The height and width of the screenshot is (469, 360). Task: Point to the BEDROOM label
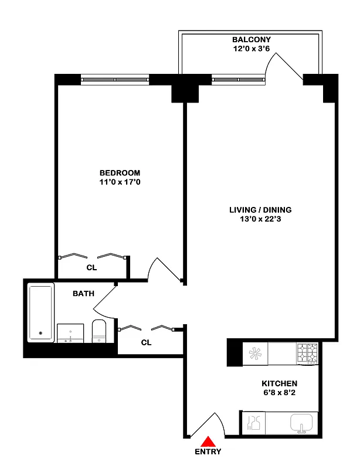pyautogui.click(x=120, y=173)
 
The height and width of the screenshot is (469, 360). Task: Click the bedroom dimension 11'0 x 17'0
pyautogui.click(x=120, y=182)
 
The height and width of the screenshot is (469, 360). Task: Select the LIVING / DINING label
pyautogui.click(x=260, y=210)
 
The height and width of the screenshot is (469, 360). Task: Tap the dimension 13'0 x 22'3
pyautogui.click(x=260, y=219)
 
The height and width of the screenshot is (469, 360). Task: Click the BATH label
pyautogui.click(x=83, y=293)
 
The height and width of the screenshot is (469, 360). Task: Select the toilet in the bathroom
pyautogui.click(x=99, y=332)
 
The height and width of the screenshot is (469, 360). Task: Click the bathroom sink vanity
pyautogui.click(x=70, y=332)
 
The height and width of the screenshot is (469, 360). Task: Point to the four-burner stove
pyautogui.click(x=307, y=354)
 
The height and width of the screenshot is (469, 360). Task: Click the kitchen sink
pyautogui.click(x=302, y=422)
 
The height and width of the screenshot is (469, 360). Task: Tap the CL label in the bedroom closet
pyautogui.click(x=91, y=267)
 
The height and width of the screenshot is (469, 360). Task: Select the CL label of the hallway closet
pyautogui.click(x=146, y=342)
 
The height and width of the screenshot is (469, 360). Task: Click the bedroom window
pyautogui.click(x=114, y=79)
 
